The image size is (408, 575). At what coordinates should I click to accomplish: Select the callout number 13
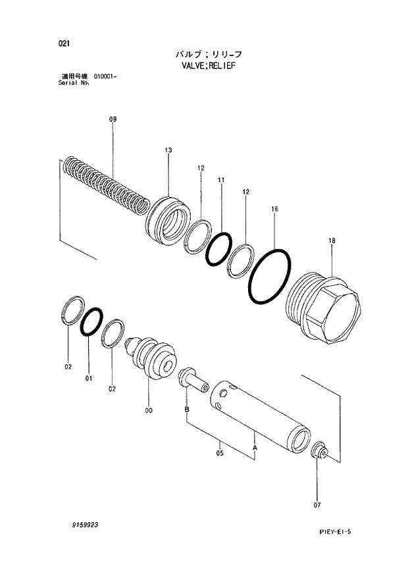168,151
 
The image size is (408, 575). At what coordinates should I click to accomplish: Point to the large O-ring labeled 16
268,277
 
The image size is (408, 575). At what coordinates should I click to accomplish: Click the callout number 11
221,180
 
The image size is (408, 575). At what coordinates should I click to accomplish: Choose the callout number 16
274,209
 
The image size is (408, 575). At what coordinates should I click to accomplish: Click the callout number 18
332,241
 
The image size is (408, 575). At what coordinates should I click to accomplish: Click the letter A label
254,447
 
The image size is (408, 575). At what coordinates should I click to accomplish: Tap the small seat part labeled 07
319,452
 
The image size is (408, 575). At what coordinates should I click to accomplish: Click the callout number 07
317,506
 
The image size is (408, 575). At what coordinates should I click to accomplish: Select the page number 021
64,43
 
